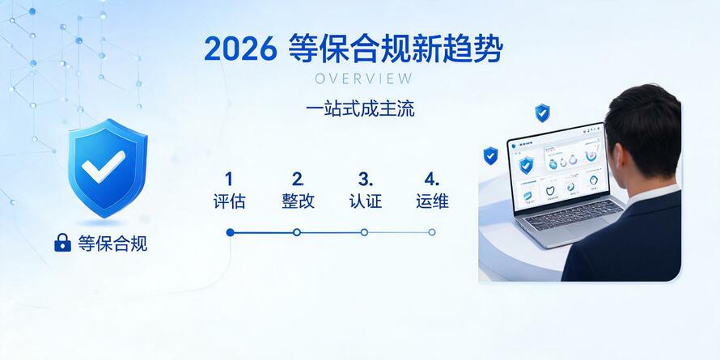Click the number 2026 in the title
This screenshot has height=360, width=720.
240,49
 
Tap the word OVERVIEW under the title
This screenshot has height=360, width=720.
364,78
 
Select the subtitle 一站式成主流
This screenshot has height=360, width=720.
360,109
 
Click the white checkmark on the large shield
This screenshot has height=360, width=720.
104,166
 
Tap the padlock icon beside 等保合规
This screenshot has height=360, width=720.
62,243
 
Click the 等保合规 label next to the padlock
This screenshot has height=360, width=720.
112,244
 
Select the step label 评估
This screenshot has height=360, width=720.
229,201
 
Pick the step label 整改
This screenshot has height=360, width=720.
298,201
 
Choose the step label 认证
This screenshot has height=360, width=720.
366,201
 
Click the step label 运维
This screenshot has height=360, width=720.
433,201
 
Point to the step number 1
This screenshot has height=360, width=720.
229,179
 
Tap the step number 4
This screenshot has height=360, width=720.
432,179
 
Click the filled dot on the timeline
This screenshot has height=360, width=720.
230,232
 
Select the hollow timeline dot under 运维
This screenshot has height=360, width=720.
432,232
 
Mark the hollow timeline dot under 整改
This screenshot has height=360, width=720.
297,232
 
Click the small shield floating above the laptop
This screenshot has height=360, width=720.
542,113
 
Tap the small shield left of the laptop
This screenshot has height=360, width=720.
490,156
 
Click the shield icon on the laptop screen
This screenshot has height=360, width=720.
526,165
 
